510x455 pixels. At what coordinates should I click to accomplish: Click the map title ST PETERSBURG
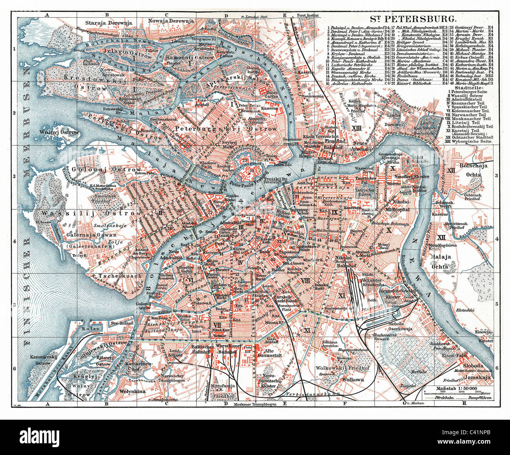[413, 19]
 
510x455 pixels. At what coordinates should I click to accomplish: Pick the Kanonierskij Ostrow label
[37, 360]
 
